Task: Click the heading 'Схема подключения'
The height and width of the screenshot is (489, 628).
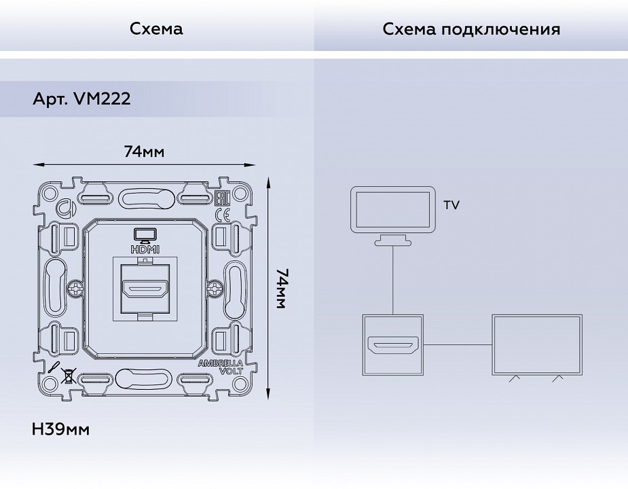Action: pos(471,29)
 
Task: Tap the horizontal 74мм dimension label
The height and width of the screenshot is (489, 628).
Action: pos(144,151)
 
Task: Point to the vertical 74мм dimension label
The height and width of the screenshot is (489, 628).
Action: pos(282,288)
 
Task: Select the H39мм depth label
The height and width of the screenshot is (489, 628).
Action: pos(60,429)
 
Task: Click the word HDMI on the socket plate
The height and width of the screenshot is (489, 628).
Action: pos(145,249)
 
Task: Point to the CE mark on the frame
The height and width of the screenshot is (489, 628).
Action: pos(221,215)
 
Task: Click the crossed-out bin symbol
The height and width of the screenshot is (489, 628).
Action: pos(68,374)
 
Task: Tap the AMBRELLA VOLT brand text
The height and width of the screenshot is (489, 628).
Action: pos(220,367)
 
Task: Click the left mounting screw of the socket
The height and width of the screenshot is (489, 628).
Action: pos(75,289)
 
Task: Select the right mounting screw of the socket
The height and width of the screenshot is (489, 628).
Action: pos(215,289)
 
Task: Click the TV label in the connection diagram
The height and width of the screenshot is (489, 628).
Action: pos(451,204)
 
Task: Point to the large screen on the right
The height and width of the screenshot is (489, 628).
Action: pos(537,344)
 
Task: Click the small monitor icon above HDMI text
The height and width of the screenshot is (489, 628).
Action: pos(145,234)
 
